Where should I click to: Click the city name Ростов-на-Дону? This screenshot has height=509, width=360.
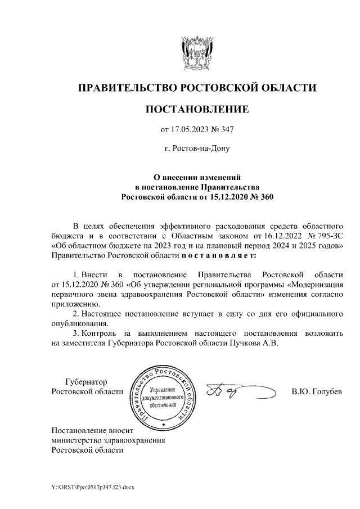196,150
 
